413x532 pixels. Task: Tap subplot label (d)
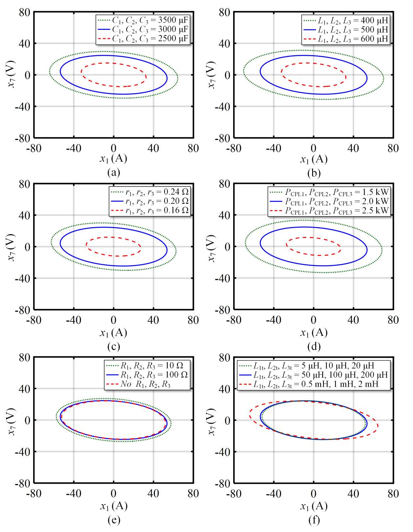313,346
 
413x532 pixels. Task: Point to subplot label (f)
313,520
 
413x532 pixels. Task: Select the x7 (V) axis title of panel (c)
12,247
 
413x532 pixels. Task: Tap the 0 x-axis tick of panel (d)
313,320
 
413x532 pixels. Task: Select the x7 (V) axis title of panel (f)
212,420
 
